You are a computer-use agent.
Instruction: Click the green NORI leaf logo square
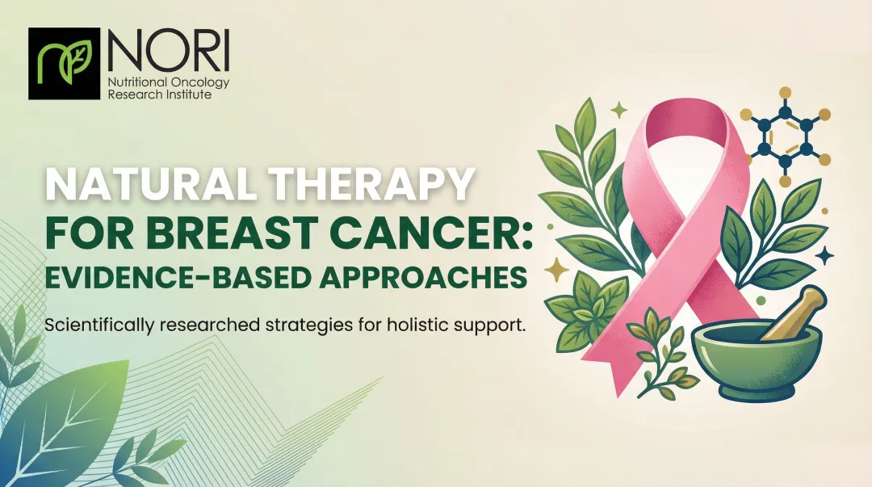pyautogui.click(x=64, y=64)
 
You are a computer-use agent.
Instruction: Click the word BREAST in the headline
pyautogui.click(x=213, y=233)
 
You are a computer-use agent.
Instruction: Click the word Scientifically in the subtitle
pyautogui.click(x=94, y=327)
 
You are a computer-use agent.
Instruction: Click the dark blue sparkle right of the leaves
pyautogui.click(x=825, y=256)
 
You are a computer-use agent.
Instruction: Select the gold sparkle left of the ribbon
pyautogui.click(x=556, y=269)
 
